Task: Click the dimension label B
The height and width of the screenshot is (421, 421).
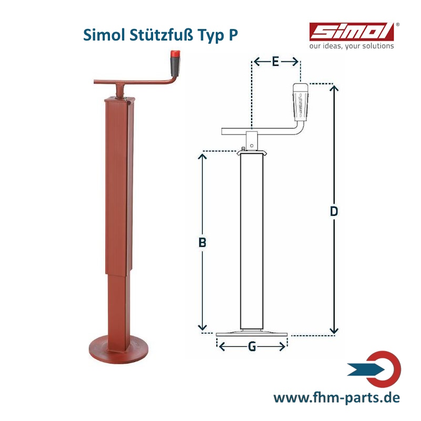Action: point(202,242)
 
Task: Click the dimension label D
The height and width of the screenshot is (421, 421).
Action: point(334,212)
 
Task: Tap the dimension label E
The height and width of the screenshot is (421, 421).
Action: point(275,62)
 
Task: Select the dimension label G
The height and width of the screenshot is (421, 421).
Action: point(252,347)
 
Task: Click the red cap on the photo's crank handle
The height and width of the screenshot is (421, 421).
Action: point(176,54)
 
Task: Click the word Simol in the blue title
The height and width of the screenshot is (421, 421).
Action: point(104,35)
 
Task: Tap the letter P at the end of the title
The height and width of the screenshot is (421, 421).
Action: point(233,35)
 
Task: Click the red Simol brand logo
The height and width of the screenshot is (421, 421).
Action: point(352,32)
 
